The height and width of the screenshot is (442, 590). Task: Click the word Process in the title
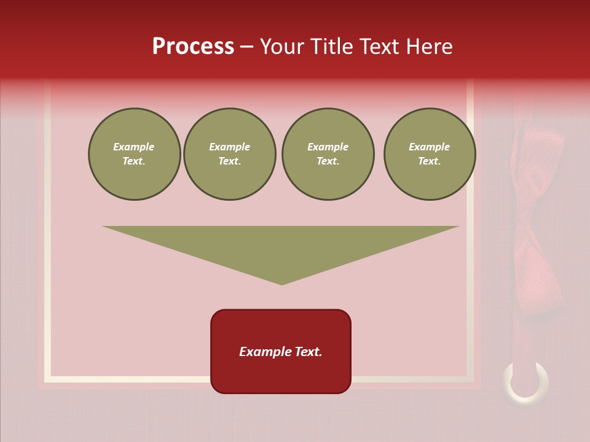(x=193, y=47)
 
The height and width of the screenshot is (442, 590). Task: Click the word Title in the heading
(x=332, y=47)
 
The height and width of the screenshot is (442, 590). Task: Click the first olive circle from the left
(x=134, y=154)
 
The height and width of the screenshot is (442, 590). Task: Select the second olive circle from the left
(x=230, y=154)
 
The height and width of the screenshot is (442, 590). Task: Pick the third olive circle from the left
(x=328, y=154)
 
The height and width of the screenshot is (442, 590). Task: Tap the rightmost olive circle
(x=430, y=154)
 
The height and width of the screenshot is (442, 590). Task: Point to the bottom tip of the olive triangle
(x=282, y=284)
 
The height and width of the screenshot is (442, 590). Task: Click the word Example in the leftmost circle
(x=134, y=147)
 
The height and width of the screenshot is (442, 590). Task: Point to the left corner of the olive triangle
(x=103, y=227)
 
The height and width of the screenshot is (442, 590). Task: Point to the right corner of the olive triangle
(x=457, y=227)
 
